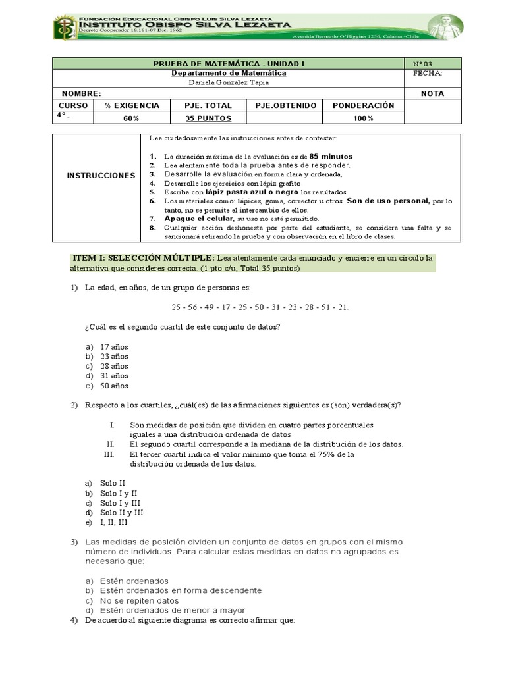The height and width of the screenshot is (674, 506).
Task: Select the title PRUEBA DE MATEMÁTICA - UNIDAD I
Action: click(x=229, y=64)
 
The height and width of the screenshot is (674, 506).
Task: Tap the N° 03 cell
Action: click(x=422, y=64)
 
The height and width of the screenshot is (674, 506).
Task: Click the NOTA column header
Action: click(x=432, y=94)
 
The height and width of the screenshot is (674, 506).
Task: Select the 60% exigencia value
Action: click(x=131, y=118)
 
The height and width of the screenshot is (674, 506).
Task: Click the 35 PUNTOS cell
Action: click(x=206, y=118)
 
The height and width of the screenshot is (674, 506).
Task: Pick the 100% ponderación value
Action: click(x=362, y=118)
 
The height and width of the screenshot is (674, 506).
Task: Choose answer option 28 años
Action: click(x=114, y=366)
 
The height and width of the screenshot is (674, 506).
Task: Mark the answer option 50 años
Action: click(x=114, y=386)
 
